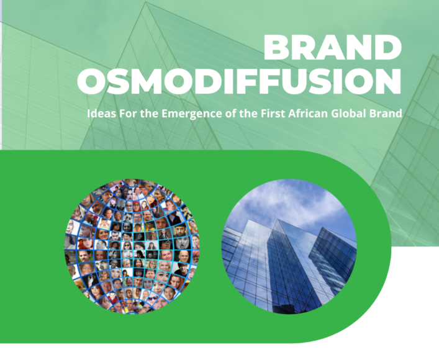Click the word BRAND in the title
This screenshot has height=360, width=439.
pos(333,48)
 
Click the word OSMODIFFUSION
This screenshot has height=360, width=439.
pos(240,81)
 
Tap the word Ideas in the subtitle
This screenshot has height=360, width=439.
pos(101,114)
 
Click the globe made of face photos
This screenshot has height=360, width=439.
pos(132,246)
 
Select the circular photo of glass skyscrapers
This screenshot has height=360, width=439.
pos(289,246)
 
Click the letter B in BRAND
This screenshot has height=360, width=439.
pos(277,48)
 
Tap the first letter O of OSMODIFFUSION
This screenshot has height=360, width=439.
pos(91,81)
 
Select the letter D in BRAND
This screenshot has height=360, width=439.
pos(388,48)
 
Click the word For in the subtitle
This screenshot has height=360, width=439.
pos(129,114)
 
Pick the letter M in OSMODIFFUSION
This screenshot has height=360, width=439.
pos(145,81)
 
